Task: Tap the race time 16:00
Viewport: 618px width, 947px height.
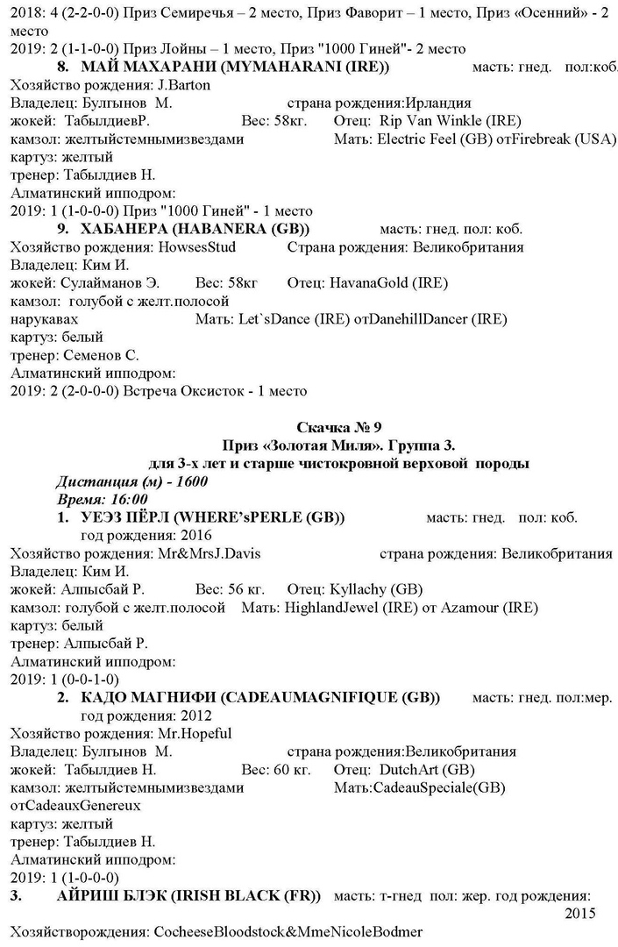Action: point(127,500)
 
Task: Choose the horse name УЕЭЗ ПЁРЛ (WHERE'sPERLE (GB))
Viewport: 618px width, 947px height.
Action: point(213,518)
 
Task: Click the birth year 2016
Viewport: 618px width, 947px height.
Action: point(191,536)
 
